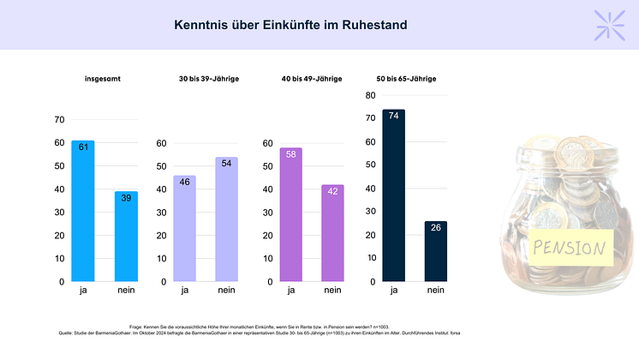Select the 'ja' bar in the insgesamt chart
click(83, 210)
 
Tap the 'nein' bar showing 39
click(126, 236)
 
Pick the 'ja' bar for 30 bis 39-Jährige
click(184, 228)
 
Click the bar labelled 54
click(227, 219)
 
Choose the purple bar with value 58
click(291, 214)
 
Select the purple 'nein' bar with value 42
click(333, 232)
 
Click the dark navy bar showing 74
click(393, 195)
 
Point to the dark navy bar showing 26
click(435, 250)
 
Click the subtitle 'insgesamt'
click(102, 79)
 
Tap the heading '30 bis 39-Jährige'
click(208, 79)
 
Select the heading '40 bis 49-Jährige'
click(311, 79)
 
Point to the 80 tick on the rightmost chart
click(369, 95)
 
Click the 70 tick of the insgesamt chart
click(58, 119)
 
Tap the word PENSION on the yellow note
click(569, 249)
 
